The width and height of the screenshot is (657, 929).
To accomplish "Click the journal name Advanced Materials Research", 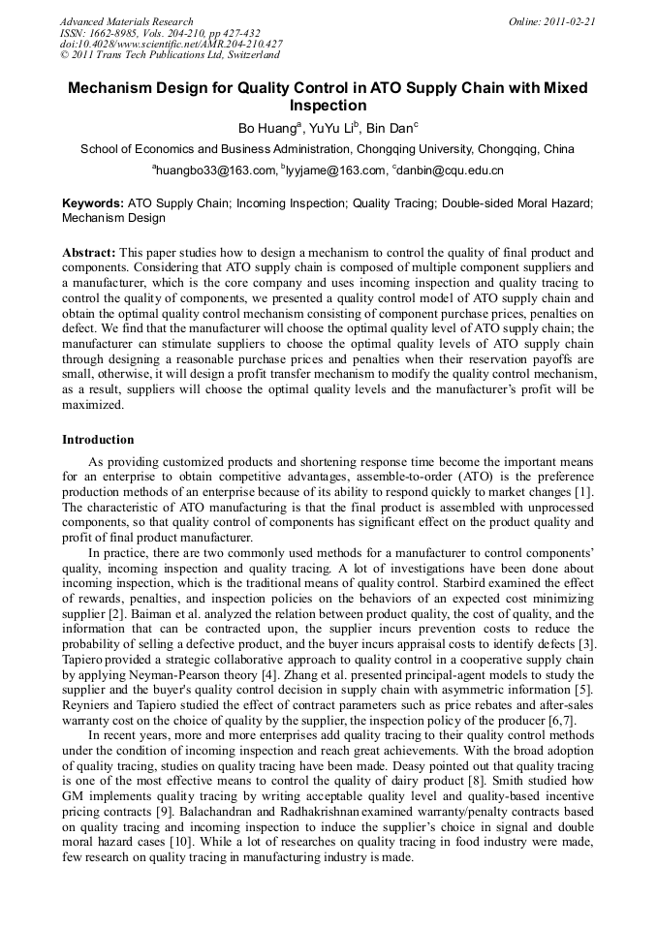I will point(126,21).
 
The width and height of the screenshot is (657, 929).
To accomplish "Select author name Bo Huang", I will point(268,129).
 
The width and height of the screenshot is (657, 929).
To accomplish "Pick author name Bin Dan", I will point(389,129).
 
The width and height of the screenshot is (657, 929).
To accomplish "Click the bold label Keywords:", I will point(93,203).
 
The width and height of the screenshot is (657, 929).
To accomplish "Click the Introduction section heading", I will point(98,439).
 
